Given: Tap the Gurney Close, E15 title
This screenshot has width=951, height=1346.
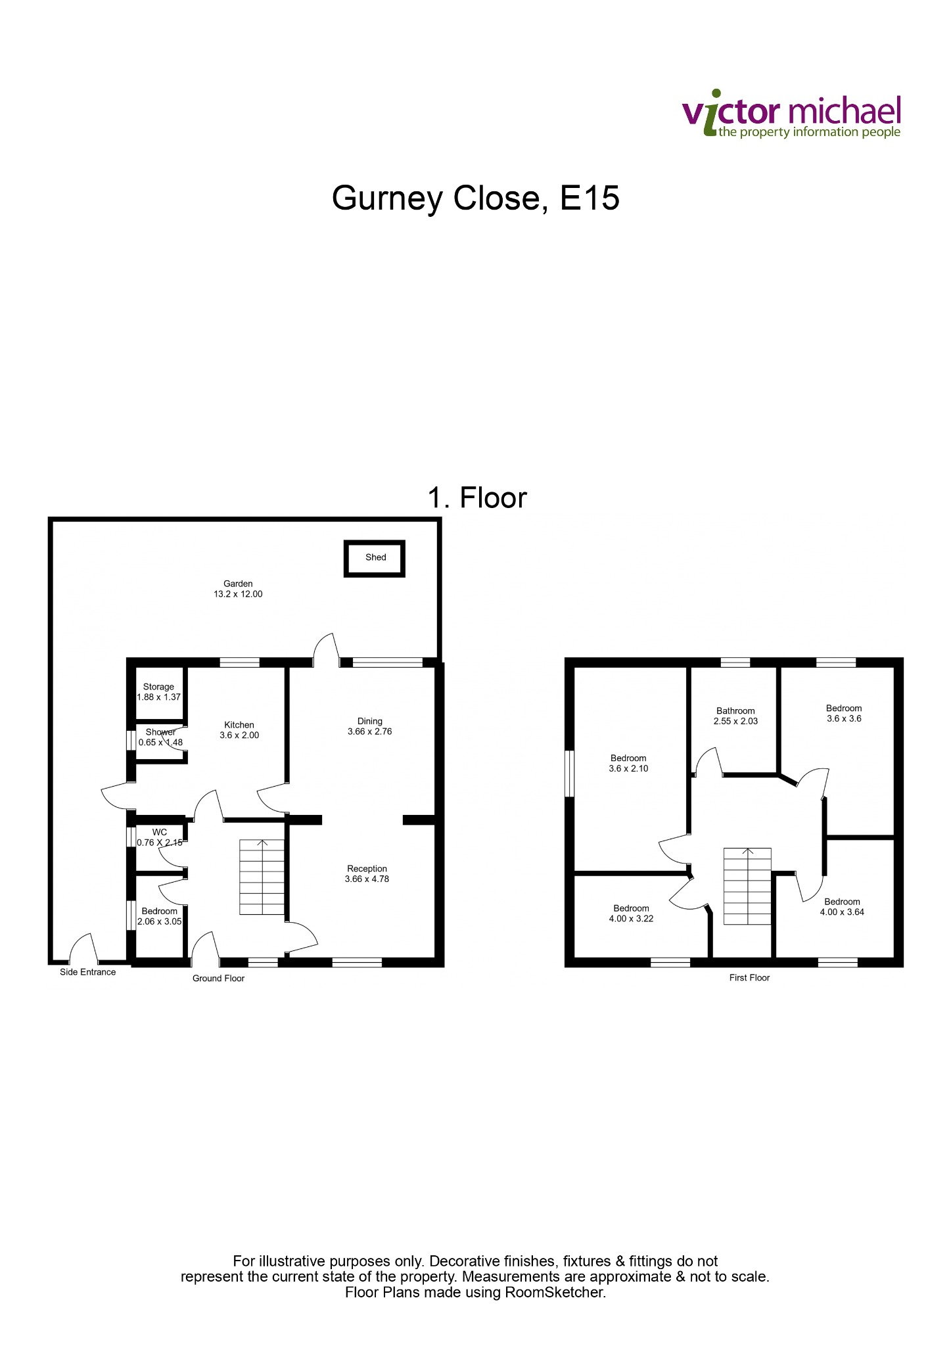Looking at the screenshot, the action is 475,198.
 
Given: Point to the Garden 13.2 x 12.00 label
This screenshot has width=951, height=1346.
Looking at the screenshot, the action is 238,589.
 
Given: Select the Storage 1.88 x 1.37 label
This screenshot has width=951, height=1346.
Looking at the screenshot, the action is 158,692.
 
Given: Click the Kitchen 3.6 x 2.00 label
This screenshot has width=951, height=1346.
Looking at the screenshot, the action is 239,730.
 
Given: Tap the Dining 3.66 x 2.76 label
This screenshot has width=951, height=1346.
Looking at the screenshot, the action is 369,726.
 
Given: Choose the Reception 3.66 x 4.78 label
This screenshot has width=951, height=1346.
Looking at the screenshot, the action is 367,873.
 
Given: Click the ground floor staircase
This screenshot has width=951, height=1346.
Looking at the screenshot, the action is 262,877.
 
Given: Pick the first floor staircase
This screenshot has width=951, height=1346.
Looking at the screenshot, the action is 747,886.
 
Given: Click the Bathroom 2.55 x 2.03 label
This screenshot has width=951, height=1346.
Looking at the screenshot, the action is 735,716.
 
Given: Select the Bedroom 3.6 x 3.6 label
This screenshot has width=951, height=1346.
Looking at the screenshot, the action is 844,713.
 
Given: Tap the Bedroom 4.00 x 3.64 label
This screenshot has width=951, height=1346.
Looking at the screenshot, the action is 842,907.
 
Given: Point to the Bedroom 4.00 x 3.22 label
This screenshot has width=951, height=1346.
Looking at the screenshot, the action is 631,914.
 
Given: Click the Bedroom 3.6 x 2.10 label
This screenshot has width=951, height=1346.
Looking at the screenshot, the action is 628,763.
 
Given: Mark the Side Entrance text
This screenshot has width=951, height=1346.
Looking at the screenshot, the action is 87,972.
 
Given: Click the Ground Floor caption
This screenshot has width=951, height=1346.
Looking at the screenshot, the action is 218,979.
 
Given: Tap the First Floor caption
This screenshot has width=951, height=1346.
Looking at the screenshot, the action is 749,978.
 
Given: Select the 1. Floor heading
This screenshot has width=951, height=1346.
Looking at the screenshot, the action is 477,498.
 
